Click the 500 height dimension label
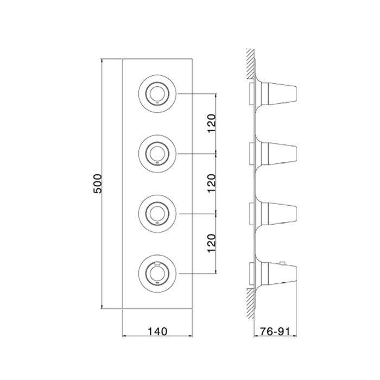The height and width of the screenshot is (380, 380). (98, 183)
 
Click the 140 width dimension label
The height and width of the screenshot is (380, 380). (157, 331)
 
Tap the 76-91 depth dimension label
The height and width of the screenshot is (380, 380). (275, 331)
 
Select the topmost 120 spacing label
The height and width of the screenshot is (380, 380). (212, 123)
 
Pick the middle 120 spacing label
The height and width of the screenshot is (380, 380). (212, 183)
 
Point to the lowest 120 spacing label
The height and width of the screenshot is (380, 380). (212, 243)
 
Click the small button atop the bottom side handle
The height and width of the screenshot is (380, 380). (282, 263)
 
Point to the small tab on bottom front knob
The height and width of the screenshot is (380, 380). (157, 263)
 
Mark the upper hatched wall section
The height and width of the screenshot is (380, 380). (250, 64)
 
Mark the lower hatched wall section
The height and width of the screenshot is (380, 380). (250, 303)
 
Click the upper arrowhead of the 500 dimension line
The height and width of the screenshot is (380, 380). (102, 60)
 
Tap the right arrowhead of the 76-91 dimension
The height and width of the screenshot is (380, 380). (295, 336)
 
